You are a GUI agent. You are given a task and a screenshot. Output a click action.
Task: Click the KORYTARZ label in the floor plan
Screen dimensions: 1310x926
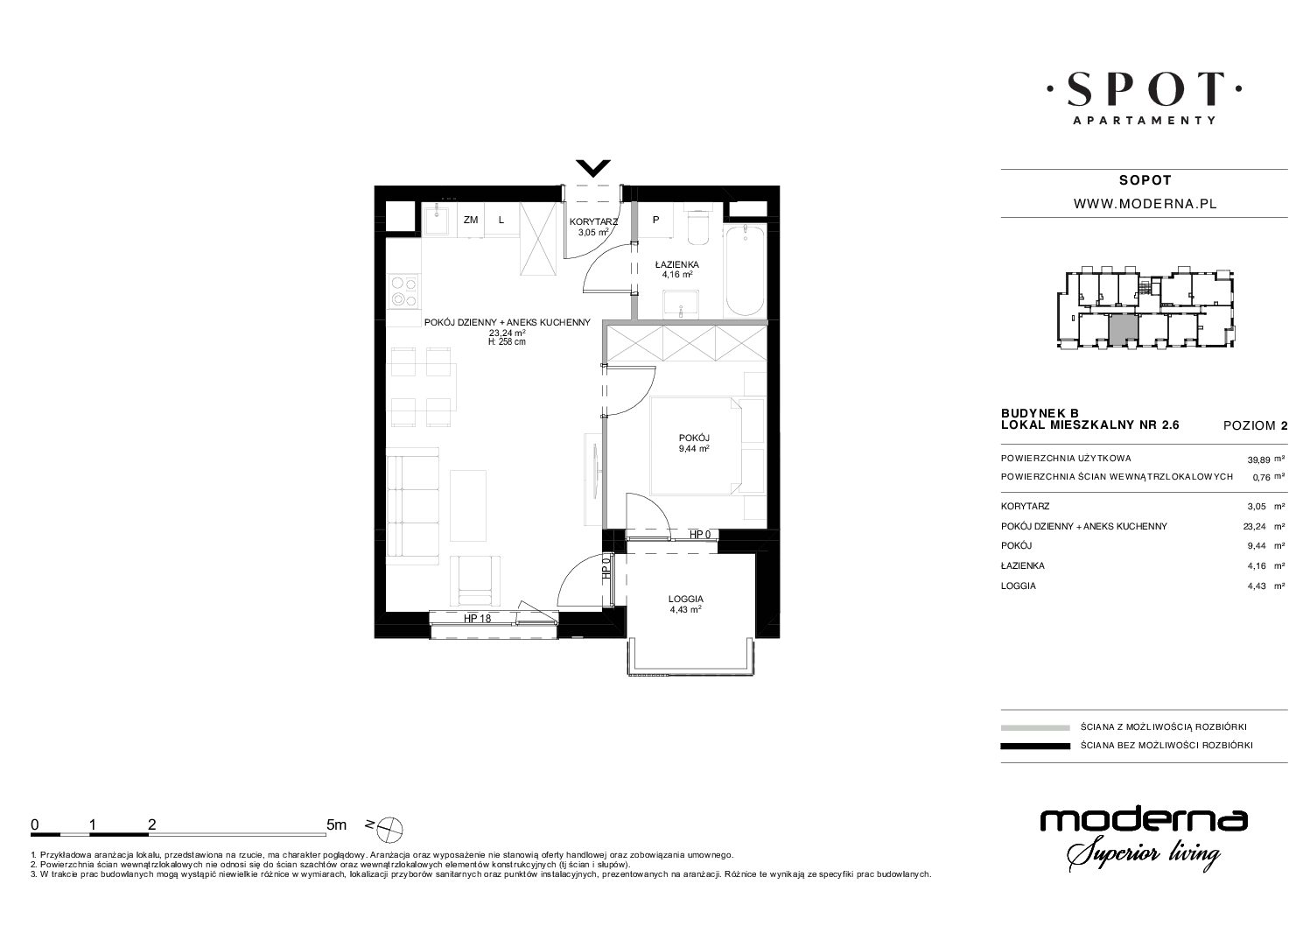point(593,221)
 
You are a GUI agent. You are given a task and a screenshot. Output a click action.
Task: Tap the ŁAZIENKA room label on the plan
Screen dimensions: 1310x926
point(676,264)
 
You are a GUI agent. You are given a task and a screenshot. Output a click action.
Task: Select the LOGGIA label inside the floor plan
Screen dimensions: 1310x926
point(686,599)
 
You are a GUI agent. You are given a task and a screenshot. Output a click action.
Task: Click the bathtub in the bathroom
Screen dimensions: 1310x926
point(745,270)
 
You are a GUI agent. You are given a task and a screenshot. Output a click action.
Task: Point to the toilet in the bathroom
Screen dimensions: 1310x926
point(697,228)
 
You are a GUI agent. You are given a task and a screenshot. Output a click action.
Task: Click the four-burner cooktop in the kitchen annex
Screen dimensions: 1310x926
point(404,291)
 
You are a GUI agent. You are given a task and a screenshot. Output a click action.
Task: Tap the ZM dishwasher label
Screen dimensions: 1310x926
point(471,220)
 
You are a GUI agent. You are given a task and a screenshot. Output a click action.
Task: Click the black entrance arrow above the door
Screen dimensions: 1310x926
point(593,168)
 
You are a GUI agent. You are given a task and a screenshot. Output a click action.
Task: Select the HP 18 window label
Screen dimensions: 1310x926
point(477,618)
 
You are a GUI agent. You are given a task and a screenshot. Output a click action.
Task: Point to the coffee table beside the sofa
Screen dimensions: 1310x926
point(468,506)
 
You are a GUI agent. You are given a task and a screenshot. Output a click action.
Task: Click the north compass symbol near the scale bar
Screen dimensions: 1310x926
point(390,828)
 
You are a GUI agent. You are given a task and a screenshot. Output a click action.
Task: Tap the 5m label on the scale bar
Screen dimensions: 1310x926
point(336,824)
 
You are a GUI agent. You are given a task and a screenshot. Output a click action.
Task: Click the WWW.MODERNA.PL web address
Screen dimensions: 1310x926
point(1145,204)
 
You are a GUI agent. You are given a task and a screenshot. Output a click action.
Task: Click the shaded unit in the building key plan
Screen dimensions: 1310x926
point(1124,328)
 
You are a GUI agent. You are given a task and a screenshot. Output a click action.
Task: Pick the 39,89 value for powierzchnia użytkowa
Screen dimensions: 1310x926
point(1258,460)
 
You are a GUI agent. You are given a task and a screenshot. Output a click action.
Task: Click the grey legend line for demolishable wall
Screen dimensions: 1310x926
point(1035,727)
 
